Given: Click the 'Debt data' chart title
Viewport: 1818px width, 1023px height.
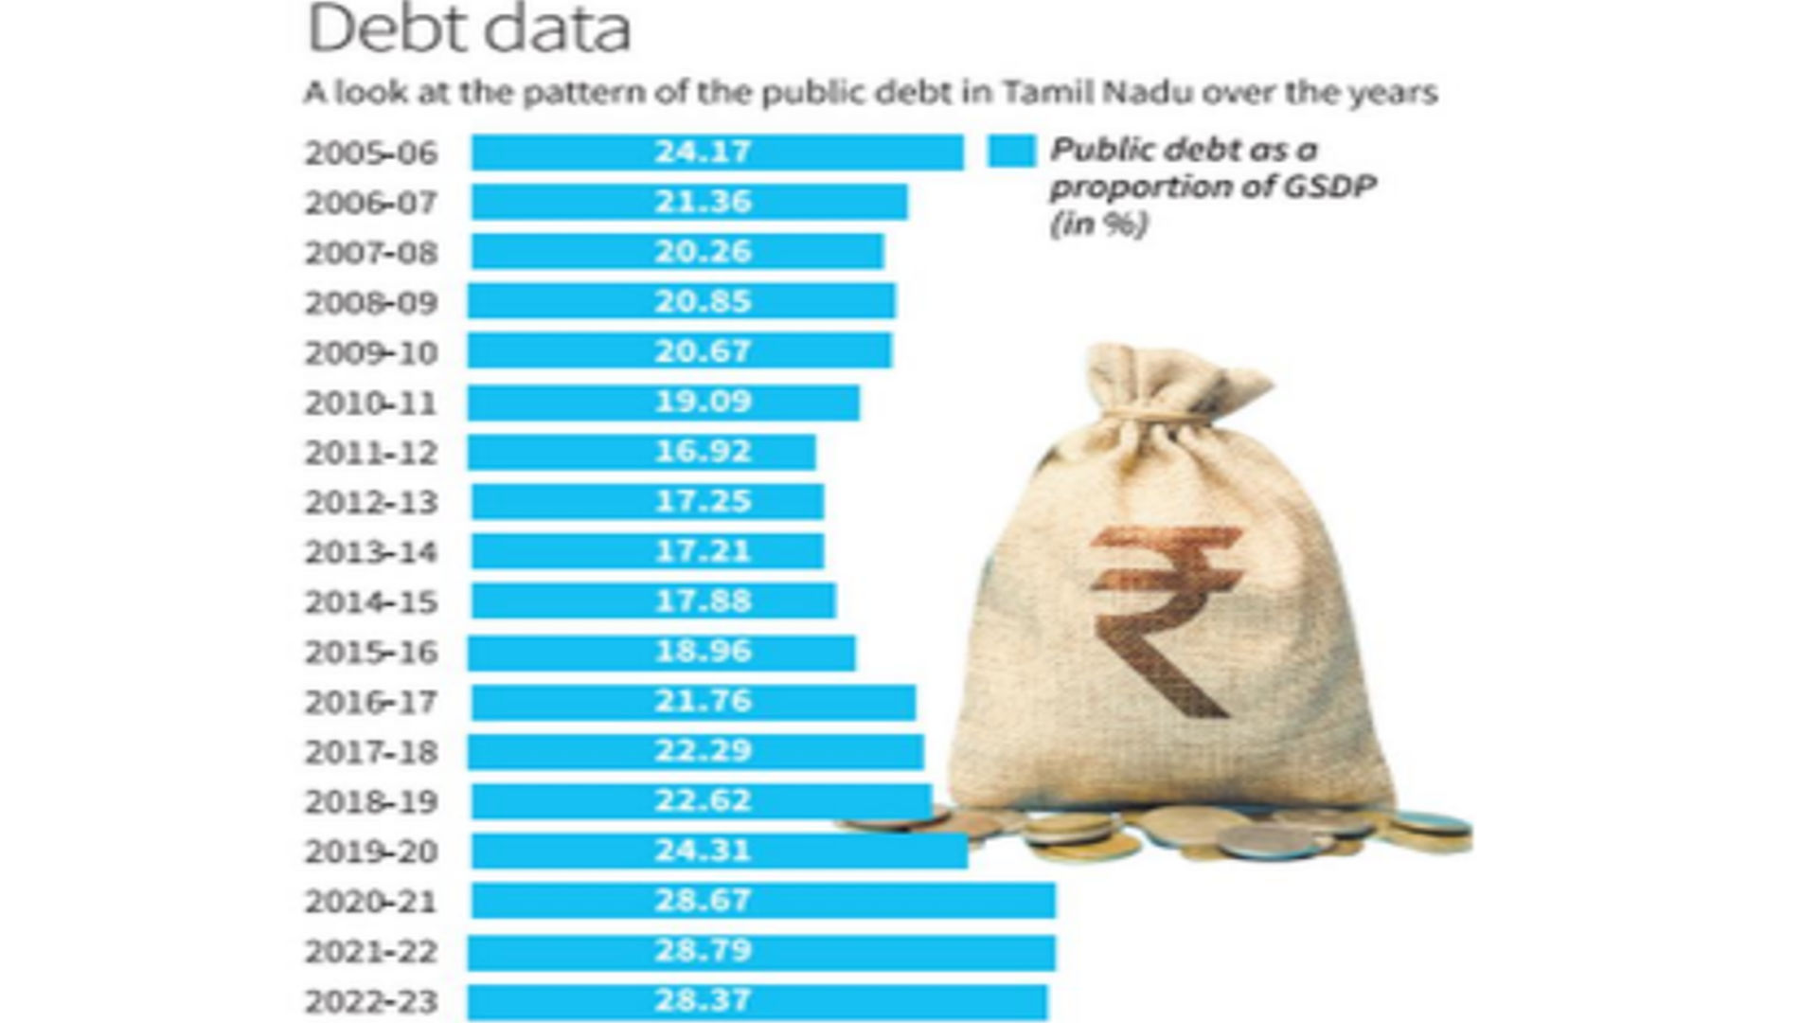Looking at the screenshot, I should pos(469,28).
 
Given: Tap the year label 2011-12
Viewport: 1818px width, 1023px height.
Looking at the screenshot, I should pos(370,453).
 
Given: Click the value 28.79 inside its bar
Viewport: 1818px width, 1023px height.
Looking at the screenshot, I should pos(703,950).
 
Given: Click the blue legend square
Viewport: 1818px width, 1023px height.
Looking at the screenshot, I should pos(1011,152).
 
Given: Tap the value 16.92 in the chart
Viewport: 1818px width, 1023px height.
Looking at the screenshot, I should pos(703,451).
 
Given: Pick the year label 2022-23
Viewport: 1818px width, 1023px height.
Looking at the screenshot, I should pos(370,1001).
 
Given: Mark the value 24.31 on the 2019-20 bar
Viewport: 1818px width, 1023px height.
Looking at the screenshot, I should pos(703,850).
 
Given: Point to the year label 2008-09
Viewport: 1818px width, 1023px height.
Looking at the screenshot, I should pos(370,303).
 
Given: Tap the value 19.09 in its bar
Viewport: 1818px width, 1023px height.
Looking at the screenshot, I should pos(703,401).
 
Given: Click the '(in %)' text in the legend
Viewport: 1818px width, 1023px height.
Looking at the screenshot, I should pos(1098,224).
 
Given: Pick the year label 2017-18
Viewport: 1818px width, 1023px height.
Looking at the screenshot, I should pos(370,752).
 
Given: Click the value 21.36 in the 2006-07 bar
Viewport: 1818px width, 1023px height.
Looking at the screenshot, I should pos(703,202).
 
